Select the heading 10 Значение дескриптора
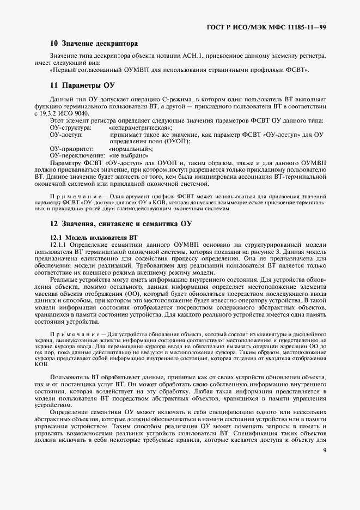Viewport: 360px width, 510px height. click(x=94, y=43)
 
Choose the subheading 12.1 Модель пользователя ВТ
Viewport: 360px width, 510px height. click(x=93, y=238)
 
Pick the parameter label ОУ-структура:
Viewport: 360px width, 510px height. click(x=70, y=127)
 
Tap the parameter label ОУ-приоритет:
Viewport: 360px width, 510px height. click(x=71, y=148)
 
